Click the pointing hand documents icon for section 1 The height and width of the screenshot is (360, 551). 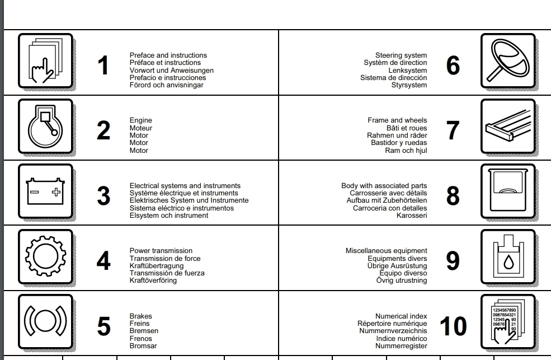45,62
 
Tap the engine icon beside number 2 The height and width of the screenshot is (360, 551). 45,127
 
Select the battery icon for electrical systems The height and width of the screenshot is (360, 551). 45,192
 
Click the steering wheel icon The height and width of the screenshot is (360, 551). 508,62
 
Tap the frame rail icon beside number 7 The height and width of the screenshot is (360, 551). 508,127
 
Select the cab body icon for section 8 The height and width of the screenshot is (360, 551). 508,192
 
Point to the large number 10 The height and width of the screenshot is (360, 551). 453,327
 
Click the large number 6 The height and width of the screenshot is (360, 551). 453,66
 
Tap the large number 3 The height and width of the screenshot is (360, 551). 103,197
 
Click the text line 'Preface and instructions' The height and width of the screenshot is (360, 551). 168,55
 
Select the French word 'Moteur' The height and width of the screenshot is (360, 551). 141,128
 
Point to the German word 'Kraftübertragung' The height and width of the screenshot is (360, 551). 155,266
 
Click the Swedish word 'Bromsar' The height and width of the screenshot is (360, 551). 143,346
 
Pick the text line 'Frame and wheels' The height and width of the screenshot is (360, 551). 397,120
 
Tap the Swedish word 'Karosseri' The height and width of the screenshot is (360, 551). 412,216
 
